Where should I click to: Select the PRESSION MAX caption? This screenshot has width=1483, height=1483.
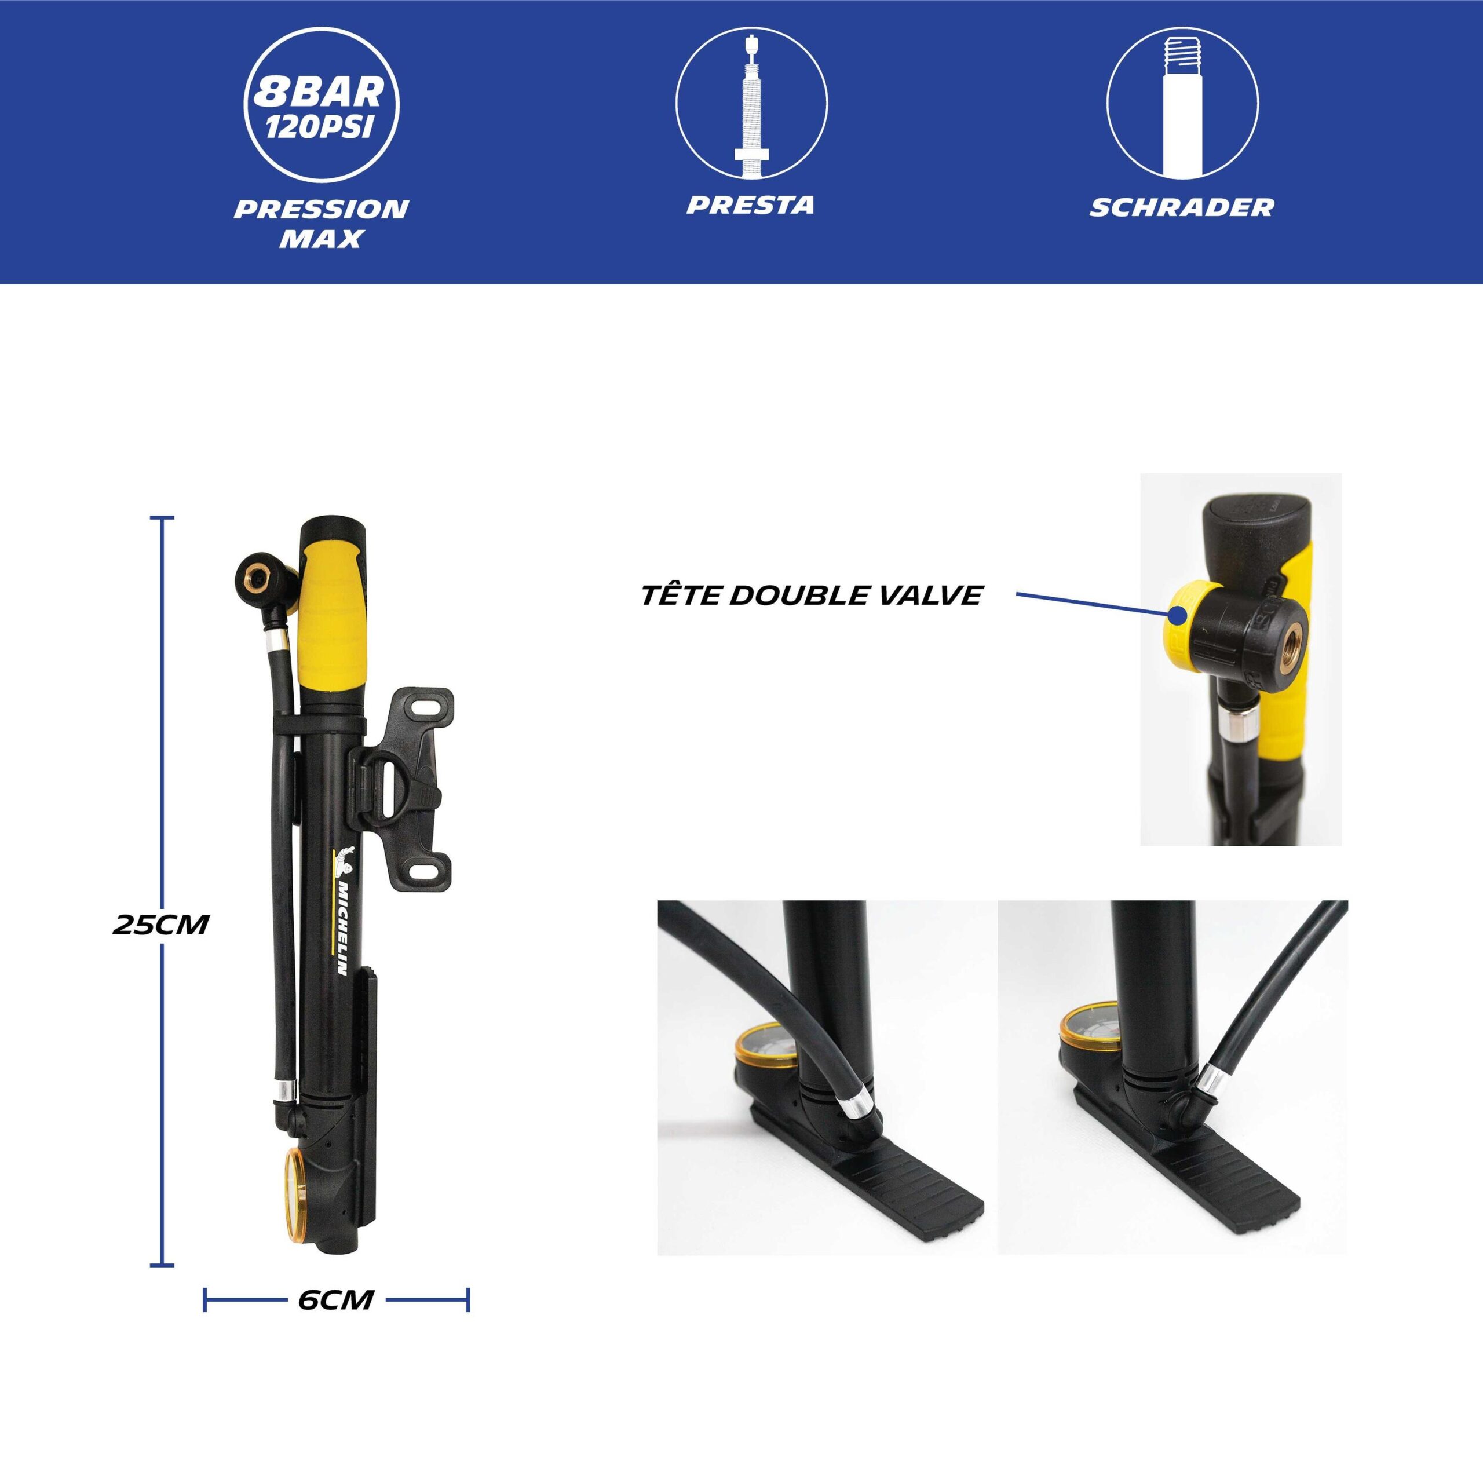point(322,224)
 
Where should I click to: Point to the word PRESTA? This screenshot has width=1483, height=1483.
point(750,205)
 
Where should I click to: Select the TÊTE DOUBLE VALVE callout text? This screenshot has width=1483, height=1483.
point(812,595)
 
